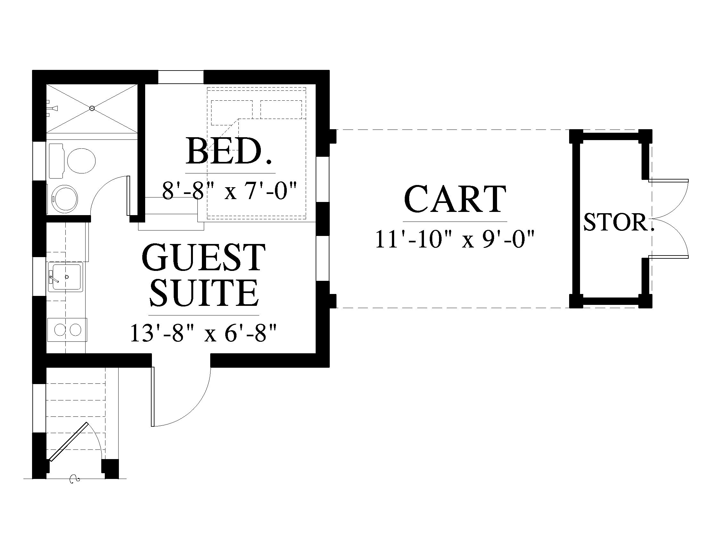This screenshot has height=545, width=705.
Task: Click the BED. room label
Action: click(229, 151)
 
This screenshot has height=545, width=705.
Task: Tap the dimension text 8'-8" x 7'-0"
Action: click(229, 191)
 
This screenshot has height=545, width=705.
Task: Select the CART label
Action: click(455, 199)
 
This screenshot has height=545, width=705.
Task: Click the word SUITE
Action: click(204, 293)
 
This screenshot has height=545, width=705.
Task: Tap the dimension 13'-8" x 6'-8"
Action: click(204, 333)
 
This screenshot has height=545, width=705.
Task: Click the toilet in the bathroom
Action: click(73, 161)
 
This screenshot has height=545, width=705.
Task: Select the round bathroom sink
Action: click(65, 198)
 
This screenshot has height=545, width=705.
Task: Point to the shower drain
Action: click(92, 108)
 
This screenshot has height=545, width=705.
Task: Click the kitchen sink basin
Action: click(65, 277)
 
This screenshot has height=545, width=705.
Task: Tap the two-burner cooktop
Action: click(67, 330)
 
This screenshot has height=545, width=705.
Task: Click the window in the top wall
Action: click(181, 77)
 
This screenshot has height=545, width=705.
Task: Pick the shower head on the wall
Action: click(52, 108)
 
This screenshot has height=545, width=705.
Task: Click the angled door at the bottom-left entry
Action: click(69, 441)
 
